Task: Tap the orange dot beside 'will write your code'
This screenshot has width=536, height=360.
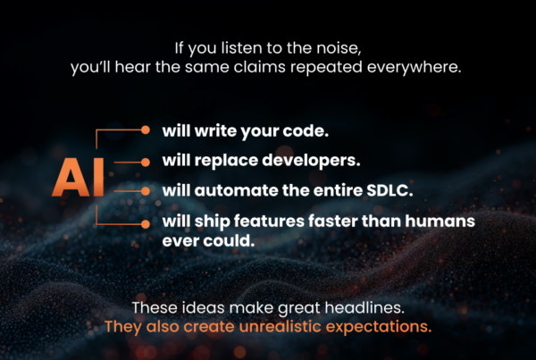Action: point(145,130)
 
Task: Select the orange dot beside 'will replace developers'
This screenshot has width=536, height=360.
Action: point(145,162)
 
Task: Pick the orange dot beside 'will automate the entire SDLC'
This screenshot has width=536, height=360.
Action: point(145,191)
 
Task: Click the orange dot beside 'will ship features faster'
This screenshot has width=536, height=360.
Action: point(145,222)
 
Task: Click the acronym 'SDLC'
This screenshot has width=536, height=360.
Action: point(353,191)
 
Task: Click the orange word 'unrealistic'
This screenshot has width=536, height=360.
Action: point(283,326)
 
